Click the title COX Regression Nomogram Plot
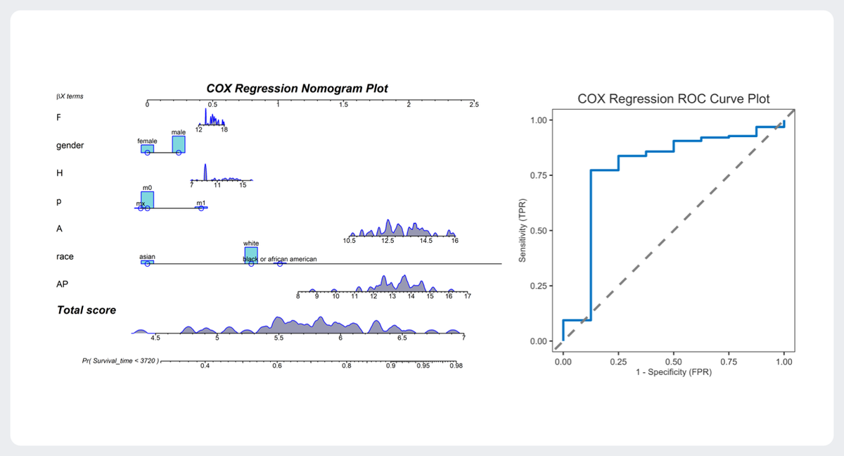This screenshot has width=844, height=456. coord(297,89)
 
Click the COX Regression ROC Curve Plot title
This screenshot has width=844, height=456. coord(673,99)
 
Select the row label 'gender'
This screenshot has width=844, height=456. coord(70,146)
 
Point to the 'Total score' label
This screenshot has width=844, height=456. coord(87,310)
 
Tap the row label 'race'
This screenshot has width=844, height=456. coord(65,257)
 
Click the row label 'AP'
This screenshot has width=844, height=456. coord(62,284)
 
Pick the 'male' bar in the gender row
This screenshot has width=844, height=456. coord(179,144)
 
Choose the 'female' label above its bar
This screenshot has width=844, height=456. coord(147,141)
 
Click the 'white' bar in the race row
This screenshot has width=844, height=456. coord(251,255)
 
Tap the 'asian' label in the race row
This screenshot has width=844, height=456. coord(147,257)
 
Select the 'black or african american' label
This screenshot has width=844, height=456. coord(280,259)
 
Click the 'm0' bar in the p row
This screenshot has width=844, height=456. coord(147,200)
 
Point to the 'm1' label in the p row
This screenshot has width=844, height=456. coord(200,203)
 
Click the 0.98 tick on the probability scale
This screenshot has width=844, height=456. coord(456,366)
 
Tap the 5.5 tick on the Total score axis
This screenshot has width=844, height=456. coord(279,338)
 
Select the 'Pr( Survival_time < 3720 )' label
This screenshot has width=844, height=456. coord(121,361)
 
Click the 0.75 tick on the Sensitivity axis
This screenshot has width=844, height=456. coord(540,175)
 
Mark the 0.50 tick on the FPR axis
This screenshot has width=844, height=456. coord(673,361)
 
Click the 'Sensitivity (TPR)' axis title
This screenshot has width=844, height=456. coord(523,230)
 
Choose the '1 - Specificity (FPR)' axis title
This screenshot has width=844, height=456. coord(673,372)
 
